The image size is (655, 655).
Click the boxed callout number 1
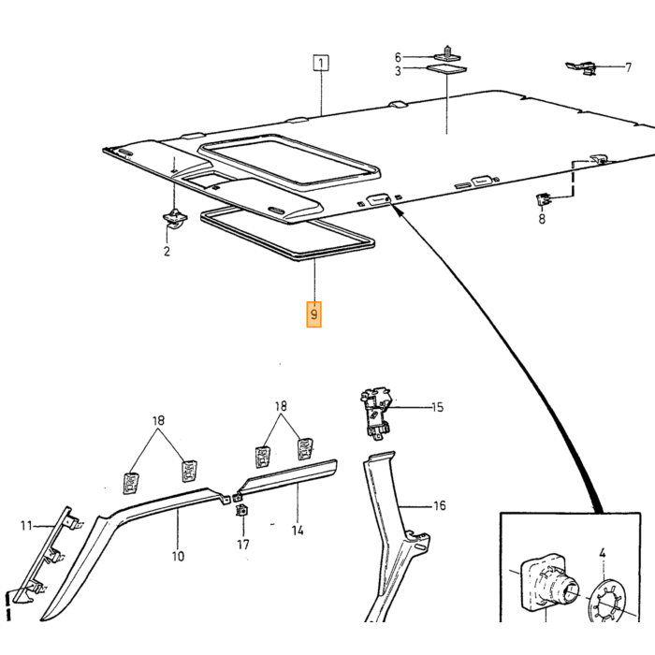[x=321, y=63]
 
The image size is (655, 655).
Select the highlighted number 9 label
[x=313, y=314]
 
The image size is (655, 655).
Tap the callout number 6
[x=398, y=57]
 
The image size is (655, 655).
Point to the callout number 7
[x=628, y=67]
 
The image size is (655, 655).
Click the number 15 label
[x=437, y=407]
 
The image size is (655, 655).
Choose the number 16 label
[x=440, y=506]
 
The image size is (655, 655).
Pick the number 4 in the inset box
[x=602, y=554]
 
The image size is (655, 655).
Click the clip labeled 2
[x=175, y=218]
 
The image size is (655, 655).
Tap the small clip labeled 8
[x=542, y=199]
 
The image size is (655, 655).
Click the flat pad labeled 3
[x=447, y=69]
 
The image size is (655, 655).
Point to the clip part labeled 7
[x=581, y=66]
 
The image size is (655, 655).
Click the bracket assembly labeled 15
[x=377, y=413]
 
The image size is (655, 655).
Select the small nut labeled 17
[x=241, y=510]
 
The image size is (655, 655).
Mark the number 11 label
[x=26, y=526]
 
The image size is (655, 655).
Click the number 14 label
[x=297, y=531]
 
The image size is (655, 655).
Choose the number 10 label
[x=178, y=557]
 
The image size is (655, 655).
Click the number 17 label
[x=243, y=545]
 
